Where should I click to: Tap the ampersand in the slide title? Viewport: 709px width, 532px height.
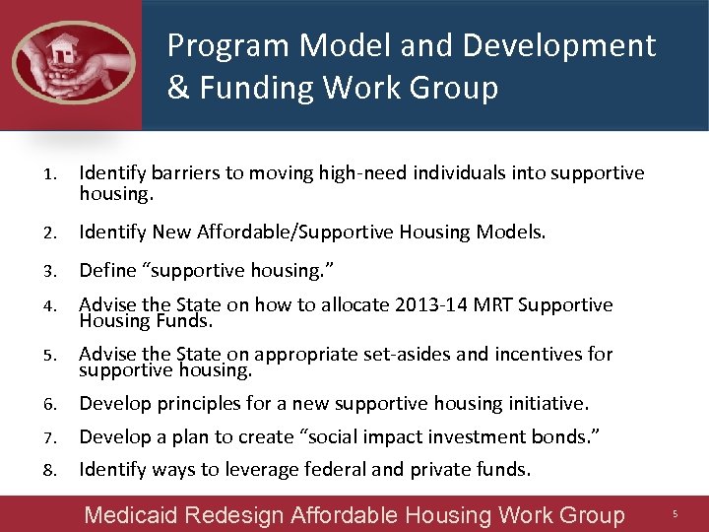[178, 89]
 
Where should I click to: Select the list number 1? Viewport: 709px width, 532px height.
[48, 175]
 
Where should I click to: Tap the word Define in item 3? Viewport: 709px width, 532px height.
[108, 270]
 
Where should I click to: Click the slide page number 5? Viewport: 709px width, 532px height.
[676, 514]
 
